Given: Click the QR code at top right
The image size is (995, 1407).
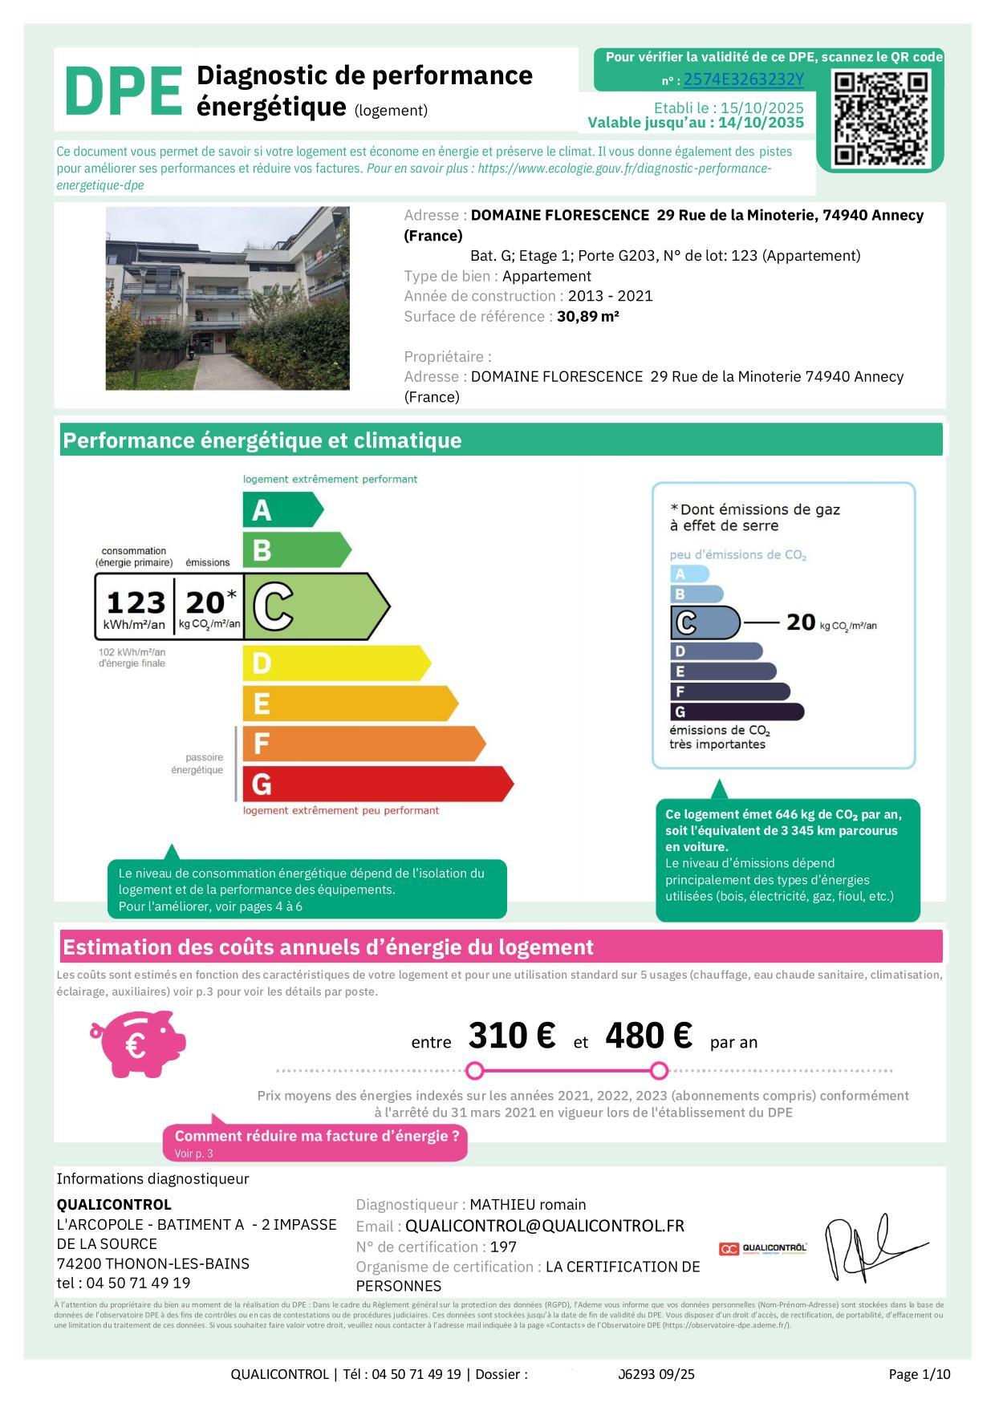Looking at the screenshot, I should pos(880,118).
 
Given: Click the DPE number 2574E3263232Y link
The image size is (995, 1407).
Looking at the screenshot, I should pos(743,80).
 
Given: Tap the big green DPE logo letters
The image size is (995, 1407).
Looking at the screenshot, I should pos(123,92).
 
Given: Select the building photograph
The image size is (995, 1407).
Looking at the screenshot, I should pos(227,298).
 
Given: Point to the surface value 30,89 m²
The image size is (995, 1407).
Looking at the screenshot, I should pos(588,317).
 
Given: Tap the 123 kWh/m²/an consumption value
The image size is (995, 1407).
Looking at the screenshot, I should pos(136,603).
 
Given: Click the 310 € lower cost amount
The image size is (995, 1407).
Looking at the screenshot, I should pos(511,1036).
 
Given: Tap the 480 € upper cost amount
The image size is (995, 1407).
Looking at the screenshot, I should pos(648,1036).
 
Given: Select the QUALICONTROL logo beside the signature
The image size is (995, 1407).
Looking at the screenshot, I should pos(762,1248).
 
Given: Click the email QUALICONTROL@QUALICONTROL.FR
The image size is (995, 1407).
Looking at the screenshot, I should pos(545,1227).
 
